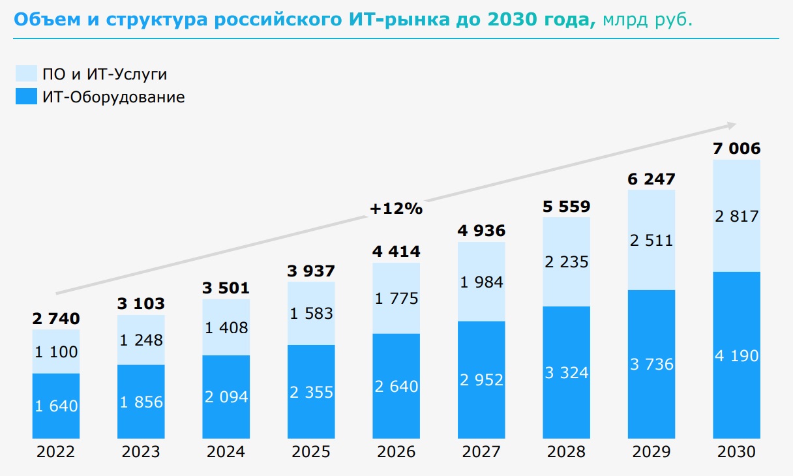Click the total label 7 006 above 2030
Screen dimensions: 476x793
(x=736, y=149)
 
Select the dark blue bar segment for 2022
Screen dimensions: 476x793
(x=56, y=406)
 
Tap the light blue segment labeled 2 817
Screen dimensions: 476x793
(x=736, y=216)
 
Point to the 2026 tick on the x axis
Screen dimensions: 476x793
(x=396, y=452)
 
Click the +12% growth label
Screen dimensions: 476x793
(x=396, y=209)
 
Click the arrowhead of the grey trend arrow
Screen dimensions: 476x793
(x=731, y=125)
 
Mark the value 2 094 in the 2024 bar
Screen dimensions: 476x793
(x=226, y=396)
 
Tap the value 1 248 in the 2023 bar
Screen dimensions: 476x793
(x=141, y=340)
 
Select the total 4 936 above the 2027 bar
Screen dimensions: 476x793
(x=481, y=231)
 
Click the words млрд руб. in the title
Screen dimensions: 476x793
(x=648, y=20)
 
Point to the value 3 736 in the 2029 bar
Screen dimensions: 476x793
(x=651, y=364)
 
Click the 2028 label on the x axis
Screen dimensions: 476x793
(x=566, y=452)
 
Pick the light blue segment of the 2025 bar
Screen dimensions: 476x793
(x=311, y=313)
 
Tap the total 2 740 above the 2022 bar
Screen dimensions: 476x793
(x=56, y=318)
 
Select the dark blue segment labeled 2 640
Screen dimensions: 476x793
(x=396, y=386)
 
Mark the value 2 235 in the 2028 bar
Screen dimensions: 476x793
(x=566, y=261)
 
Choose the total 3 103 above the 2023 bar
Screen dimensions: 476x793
(x=141, y=303)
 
